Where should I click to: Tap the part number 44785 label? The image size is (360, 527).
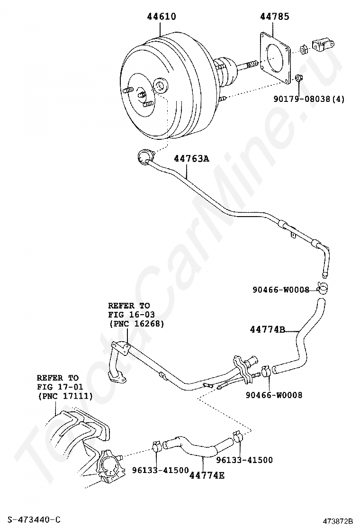click(x=274, y=17)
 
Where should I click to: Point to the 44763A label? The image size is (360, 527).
click(x=191, y=159)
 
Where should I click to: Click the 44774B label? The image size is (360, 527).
click(x=267, y=329)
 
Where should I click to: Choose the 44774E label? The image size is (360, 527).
click(x=207, y=474)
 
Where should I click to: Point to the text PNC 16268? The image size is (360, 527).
click(x=136, y=324)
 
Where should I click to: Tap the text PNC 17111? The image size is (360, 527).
click(x=65, y=396)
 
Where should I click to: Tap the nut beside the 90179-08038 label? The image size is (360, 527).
click(x=298, y=78)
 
